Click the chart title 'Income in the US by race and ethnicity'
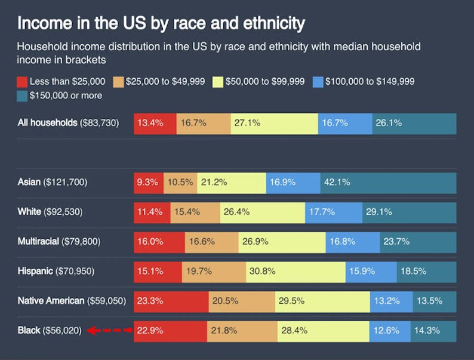[x=161, y=23]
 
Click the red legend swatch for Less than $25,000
[x=23, y=82]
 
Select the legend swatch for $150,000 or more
[x=23, y=96]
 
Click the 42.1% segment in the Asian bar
[x=388, y=183]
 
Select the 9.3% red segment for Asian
[x=149, y=183]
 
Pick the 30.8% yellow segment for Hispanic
[x=296, y=271]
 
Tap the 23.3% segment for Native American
[x=171, y=301]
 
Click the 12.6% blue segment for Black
[x=389, y=330]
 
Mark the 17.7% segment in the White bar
[x=333, y=212]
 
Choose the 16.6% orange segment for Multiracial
[x=211, y=242]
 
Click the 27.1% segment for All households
[x=274, y=124]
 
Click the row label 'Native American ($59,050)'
[x=72, y=301]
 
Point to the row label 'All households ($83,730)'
[x=69, y=123]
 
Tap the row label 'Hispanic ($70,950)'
[x=56, y=271]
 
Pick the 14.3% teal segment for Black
[x=433, y=330]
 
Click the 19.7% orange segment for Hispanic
[x=214, y=271]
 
